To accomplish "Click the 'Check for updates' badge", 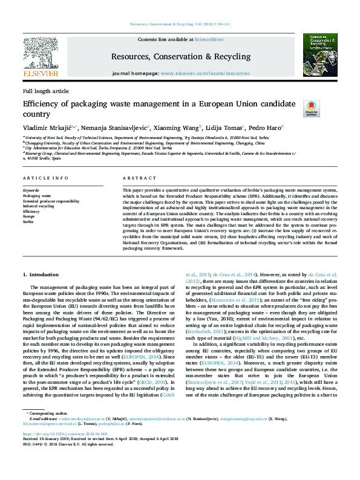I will (x=311, y=108).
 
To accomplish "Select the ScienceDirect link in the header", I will (x=208, y=39).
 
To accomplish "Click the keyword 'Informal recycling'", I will (x=38, y=206).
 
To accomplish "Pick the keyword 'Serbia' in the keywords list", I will (x=28, y=222).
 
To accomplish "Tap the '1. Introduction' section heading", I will (x=42, y=275).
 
